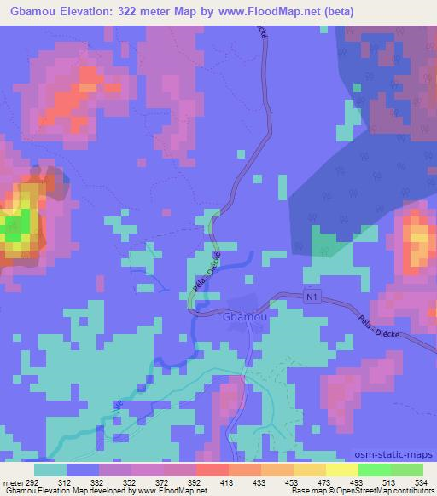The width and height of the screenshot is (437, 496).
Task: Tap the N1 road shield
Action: point(313,297)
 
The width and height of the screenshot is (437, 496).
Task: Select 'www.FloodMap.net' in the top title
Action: point(265,13)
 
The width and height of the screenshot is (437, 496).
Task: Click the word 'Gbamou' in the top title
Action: point(29,13)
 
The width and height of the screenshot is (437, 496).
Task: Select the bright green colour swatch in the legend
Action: point(375,469)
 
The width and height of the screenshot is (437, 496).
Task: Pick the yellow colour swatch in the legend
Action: point(342,469)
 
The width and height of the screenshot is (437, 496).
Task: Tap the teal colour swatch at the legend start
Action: point(50,469)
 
